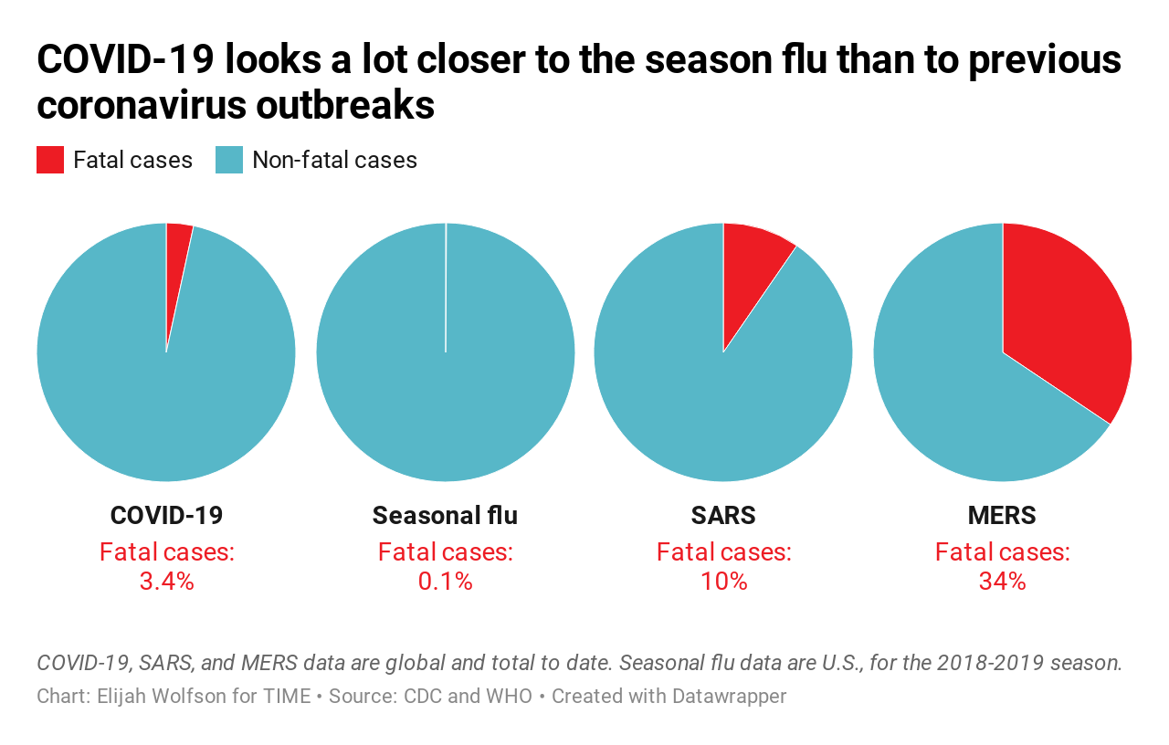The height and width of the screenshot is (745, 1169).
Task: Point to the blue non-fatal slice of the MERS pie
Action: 950,383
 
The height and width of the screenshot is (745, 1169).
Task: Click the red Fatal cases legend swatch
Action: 50,160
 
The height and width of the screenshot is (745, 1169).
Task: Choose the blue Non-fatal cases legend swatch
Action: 229,160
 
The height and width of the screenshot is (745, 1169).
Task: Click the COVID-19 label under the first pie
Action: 166,515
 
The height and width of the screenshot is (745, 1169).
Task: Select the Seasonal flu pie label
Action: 445,515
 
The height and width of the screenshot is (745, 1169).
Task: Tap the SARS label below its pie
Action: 723,515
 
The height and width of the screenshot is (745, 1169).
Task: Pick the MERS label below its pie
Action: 1002,515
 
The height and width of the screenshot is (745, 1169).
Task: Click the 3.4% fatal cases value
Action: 166,581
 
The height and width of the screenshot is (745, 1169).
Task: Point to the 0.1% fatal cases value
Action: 445,581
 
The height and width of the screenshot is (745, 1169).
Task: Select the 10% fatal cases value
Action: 723,581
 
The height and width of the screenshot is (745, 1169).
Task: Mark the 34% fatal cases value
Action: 1002,581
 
